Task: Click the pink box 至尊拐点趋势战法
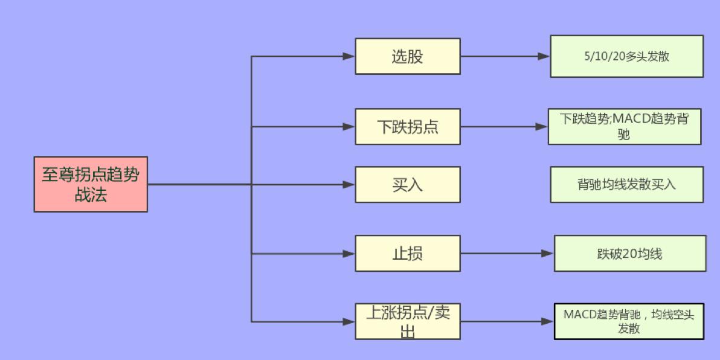click(91, 184)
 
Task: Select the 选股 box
click(408, 56)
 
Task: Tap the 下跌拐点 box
click(408, 127)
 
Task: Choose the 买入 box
click(408, 184)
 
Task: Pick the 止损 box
click(408, 254)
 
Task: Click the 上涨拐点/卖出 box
click(408, 321)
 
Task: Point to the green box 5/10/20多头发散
click(626, 56)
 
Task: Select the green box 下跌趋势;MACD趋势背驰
click(625, 127)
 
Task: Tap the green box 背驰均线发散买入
click(627, 184)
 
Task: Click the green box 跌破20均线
click(630, 254)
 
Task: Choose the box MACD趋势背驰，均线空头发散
click(629, 321)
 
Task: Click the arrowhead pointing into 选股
click(349, 56)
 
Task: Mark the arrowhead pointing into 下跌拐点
click(349, 127)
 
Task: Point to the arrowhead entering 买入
click(349, 184)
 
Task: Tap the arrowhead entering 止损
click(349, 254)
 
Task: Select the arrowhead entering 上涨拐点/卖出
click(349, 321)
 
